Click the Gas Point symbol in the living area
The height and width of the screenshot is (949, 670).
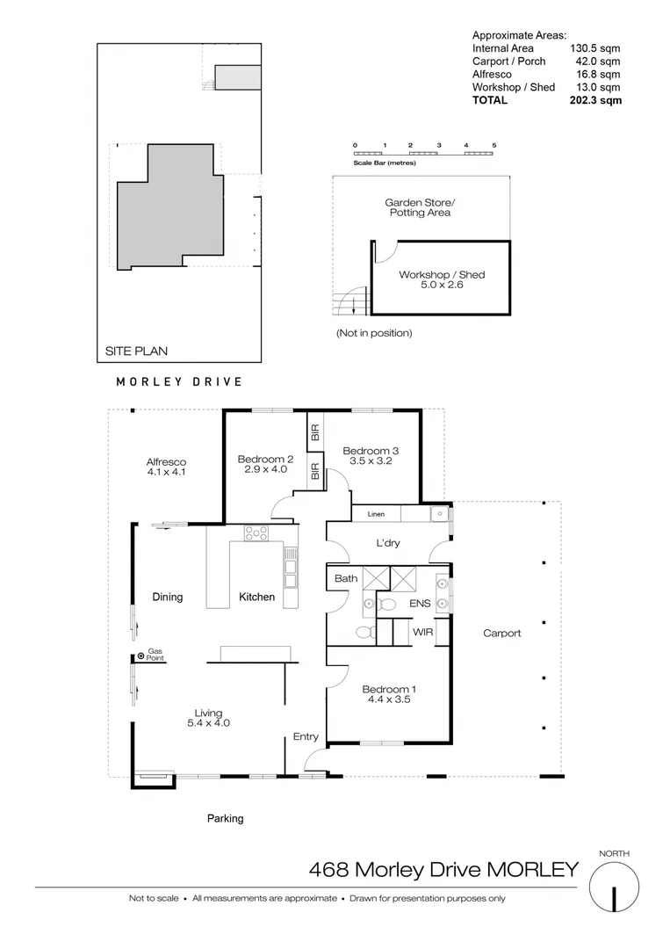(140, 656)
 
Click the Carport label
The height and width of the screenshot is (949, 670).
(502, 633)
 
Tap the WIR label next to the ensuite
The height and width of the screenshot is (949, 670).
(423, 632)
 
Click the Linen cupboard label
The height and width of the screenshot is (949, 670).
(376, 513)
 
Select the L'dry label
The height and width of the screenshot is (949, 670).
(387, 543)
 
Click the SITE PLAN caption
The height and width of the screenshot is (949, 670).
(136, 351)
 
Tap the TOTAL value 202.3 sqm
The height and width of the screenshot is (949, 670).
(597, 100)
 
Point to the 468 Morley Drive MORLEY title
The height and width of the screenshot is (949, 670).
(443, 870)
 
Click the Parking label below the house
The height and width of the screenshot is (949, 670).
(225, 818)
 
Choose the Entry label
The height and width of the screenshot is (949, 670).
(306, 736)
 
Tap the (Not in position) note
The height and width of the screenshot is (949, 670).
(373, 333)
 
